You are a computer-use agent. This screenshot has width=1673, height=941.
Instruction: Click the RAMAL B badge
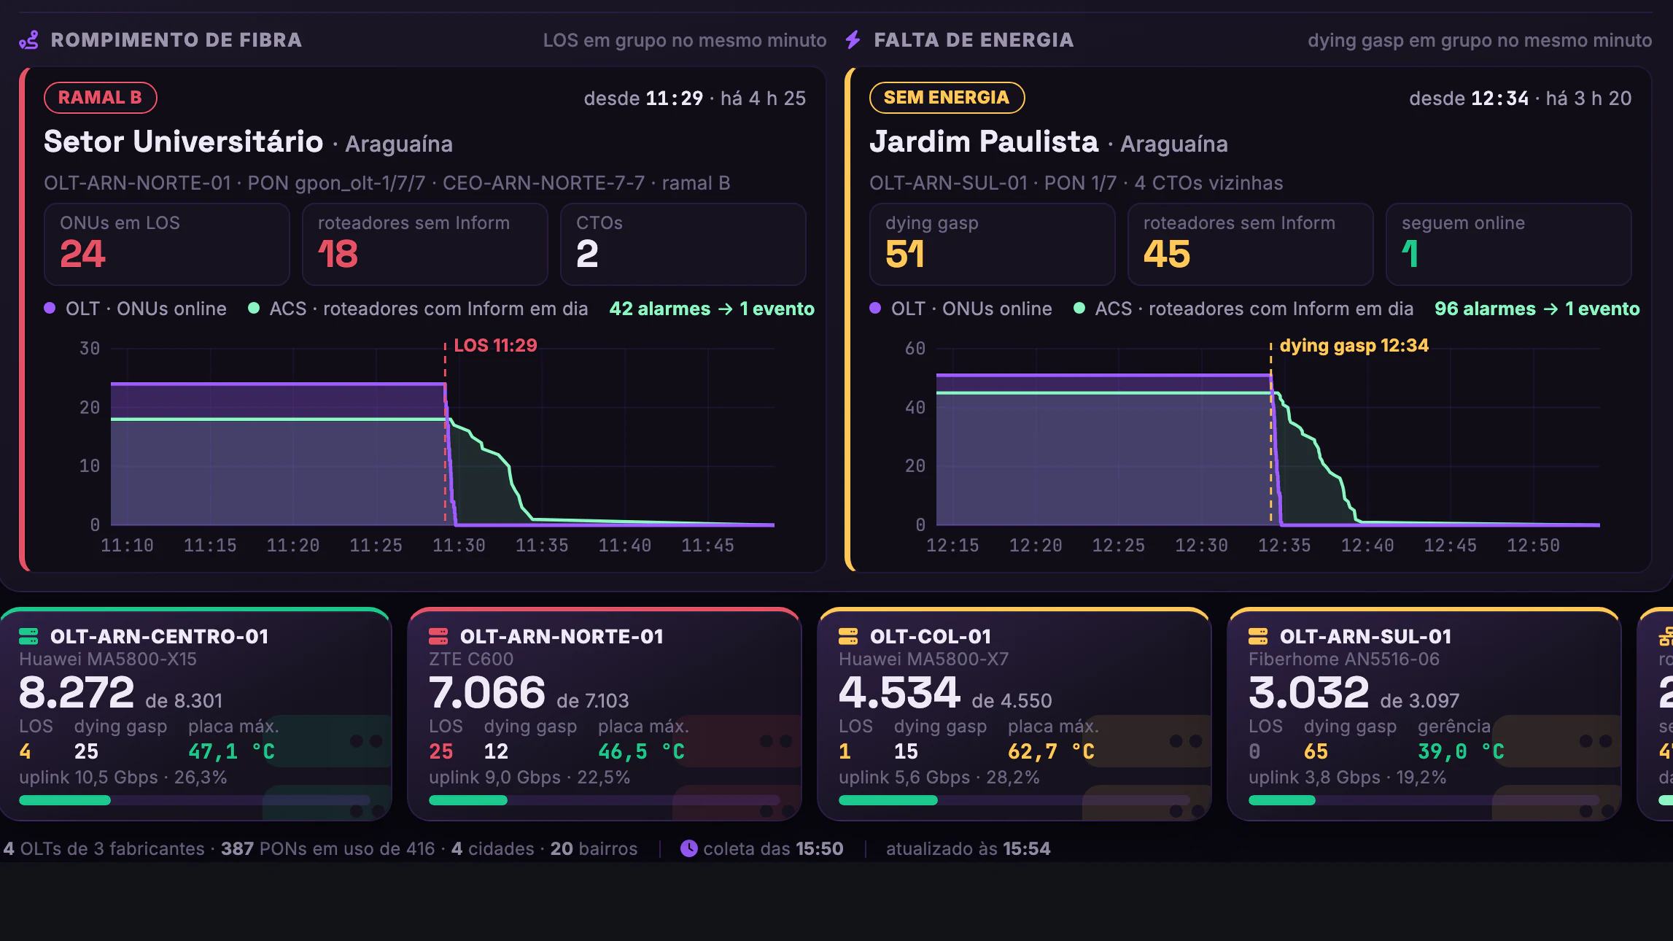(x=101, y=98)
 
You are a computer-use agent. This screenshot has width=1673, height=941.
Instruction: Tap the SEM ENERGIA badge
(x=947, y=98)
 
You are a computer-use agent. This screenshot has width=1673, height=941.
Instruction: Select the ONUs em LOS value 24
(x=83, y=254)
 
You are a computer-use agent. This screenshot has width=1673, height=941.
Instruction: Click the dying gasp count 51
(x=905, y=254)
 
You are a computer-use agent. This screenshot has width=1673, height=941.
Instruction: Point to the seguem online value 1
(x=1410, y=254)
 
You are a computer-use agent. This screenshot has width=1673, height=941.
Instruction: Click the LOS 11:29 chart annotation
(x=495, y=345)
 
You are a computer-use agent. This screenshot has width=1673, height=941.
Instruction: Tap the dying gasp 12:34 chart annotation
(x=1354, y=345)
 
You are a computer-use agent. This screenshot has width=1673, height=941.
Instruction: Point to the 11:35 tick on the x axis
(x=541, y=546)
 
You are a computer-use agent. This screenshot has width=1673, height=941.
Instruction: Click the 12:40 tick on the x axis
(x=1367, y=546)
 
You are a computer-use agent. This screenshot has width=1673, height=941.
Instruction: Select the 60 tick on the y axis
(x=915, y=349)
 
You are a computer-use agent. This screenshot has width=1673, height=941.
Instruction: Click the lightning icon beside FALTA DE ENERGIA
(x=853, y=39)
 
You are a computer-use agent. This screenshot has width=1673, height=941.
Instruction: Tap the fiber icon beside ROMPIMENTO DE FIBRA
(x=29, y=40)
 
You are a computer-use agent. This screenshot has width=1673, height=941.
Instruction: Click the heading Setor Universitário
(x=183, y=142)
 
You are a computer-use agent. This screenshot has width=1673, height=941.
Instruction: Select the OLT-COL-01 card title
(x=931, y=637)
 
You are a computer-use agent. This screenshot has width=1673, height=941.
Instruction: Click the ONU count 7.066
(x=487, y=692)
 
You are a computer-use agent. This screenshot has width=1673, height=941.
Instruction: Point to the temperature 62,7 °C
(x=1051, y=751)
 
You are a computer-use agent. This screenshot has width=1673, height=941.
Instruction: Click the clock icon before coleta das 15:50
(x=688, y=848)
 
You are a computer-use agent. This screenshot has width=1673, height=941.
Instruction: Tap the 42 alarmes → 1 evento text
(x=712, y=309)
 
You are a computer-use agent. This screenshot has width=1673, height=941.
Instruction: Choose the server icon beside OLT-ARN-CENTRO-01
(x=28, y=637)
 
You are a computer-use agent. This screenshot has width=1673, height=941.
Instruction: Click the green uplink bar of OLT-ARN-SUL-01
(x=1282, y=800)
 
